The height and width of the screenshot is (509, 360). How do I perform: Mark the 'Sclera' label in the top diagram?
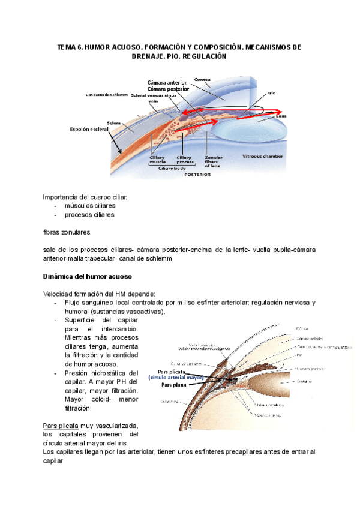coord(115,124)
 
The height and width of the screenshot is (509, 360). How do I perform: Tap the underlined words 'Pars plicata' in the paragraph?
coord(61,424)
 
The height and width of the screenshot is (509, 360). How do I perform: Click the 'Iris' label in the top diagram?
coord(271,94)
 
